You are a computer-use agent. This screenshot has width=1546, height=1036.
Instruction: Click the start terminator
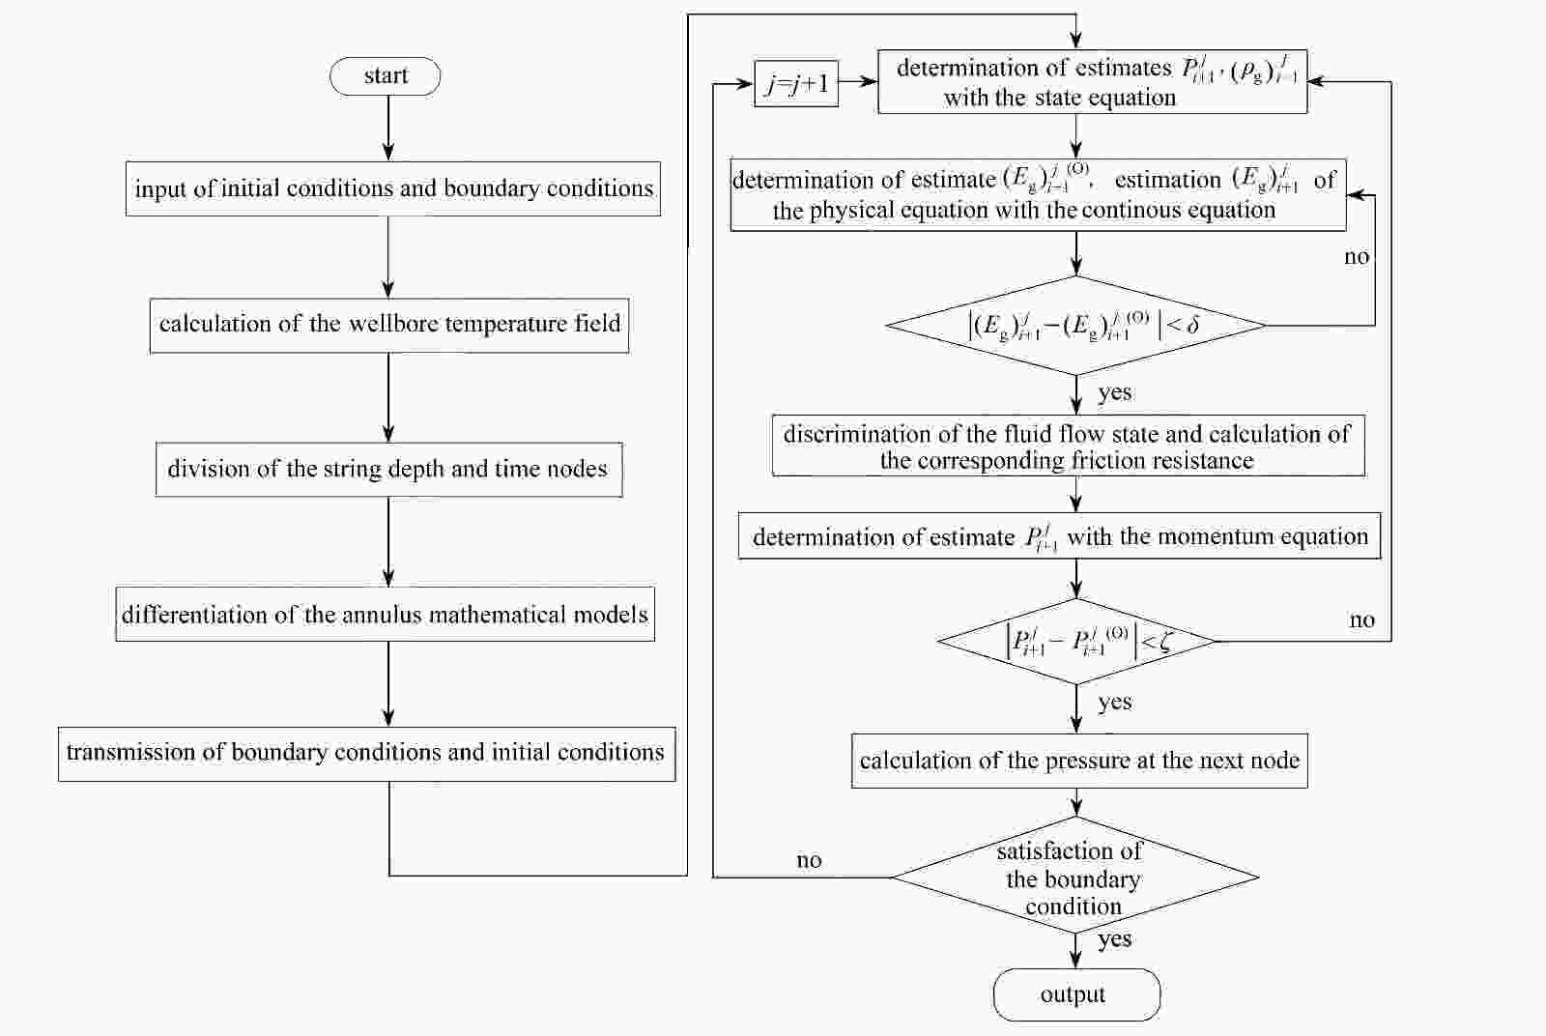(386, 76)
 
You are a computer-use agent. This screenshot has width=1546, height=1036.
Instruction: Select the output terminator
(1076, 994)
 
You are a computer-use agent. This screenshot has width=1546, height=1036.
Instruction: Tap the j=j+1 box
(796, 84)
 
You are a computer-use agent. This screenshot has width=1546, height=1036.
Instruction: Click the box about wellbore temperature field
(389, 325)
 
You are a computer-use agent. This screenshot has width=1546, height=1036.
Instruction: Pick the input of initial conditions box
(393, 188)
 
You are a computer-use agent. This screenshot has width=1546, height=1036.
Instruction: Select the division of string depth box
(388, 470)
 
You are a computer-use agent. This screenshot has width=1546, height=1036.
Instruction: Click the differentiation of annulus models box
(385, 614)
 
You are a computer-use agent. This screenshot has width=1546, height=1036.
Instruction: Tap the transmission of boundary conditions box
(366, 753)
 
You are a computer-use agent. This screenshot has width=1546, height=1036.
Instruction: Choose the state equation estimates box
(1092, 82)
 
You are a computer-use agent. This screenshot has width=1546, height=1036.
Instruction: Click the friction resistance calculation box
(1068, 446)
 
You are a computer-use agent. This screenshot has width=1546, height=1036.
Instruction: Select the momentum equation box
(1059, 536)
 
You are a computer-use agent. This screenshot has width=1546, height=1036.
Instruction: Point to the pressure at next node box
(1079, 761)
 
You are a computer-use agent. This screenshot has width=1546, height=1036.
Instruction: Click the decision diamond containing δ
(1076, 326)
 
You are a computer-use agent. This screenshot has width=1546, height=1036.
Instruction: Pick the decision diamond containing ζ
(1076, 641)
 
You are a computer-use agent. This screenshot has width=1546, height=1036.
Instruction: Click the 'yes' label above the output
(1115, 938)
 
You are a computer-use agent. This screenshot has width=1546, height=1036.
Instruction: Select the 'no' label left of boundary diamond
(809, 860)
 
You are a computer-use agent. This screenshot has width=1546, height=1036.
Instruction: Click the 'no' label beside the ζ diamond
(1361, 620)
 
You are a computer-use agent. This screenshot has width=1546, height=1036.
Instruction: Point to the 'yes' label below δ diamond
(1115, 392)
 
